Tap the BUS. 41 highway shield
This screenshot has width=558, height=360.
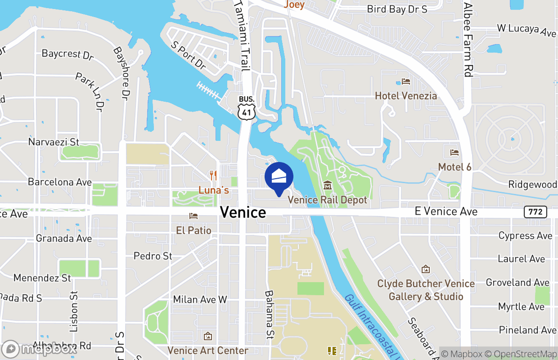coord(247,108)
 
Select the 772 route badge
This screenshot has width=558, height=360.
coord(535,211)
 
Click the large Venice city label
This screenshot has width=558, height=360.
coord(243,212)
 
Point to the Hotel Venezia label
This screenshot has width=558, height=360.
coord(406,96)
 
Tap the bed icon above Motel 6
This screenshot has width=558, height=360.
coord(454,153)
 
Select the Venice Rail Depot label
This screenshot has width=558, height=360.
coord(328,200)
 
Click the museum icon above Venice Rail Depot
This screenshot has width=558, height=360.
coord(328,185)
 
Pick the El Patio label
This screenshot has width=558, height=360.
coord(194,230)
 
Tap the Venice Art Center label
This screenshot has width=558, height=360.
coord(208,350)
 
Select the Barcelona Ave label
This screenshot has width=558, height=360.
coord(60,182)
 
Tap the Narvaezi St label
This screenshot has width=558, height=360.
coord(54,142)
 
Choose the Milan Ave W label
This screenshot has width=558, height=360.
coord(200,299)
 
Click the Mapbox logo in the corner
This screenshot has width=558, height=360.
coord(40,349)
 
